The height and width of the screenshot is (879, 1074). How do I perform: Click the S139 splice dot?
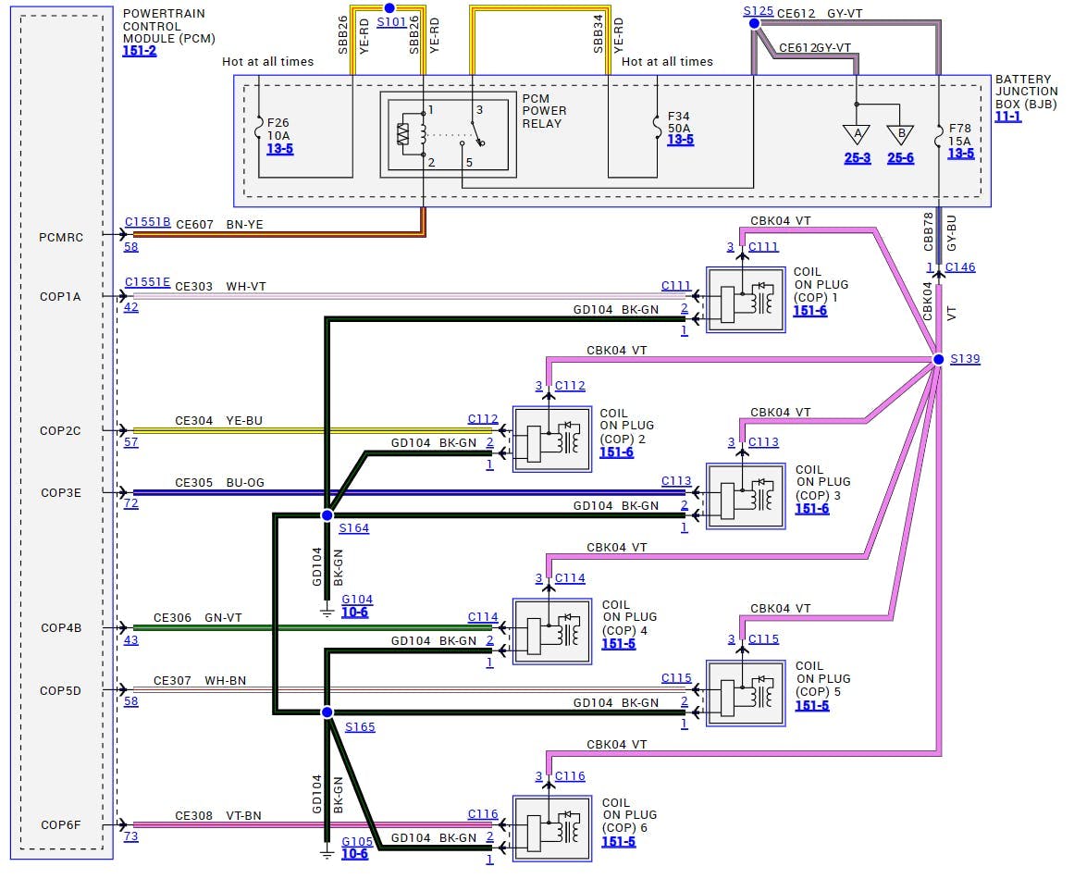pyautogui.click(x=938, y=359)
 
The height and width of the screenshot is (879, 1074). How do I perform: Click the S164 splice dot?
pyautogui.click(x=327, y=514)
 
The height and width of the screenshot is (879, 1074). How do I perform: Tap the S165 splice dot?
pyautogui.click(x=327, y=712)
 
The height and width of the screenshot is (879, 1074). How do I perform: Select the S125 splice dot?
pyautogui.click(x=755, y=25)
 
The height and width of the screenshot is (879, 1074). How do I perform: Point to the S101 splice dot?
pyautogui.click(x=389, y=7)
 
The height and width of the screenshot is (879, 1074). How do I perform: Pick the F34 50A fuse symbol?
pyautogui.click(x=658, y=130)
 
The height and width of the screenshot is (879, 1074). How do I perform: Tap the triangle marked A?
pyautogui.click(x=857, y=134)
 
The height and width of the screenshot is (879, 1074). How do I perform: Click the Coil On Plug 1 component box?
pyautogui.click(x=746, y=300)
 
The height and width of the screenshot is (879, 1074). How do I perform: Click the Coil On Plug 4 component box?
pyautogui.click(x=552, y=631)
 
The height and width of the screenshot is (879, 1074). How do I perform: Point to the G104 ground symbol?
pyautogui.click(x=327, y=612)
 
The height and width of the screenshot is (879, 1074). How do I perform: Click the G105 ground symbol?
pyautogui.click(x=327, y=853)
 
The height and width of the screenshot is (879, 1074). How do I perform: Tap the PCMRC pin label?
pyautogui.click(x=61, y=237)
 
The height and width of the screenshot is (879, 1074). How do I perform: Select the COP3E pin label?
pyautogui.click(x=61, y=492)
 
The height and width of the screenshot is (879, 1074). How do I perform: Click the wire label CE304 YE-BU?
pyautogui.click(x=218, y=421)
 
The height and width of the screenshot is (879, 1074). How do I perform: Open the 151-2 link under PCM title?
pyautogui.click(x=139, y=51)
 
